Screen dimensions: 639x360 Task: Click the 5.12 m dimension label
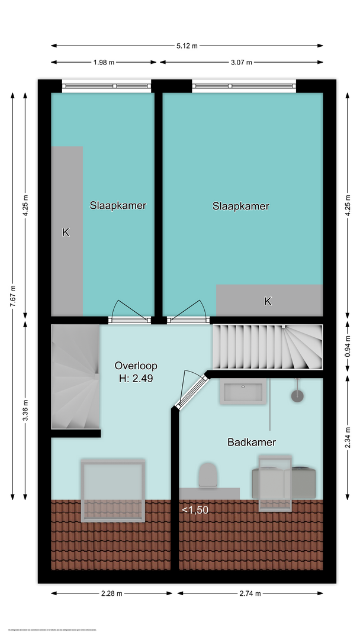[x=187, y=46]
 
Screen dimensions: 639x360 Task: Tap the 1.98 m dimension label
[x=103, y=62]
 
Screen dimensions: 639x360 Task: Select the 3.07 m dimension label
[x=241, y=62]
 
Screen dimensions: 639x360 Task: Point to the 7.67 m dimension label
[x=13, y=296]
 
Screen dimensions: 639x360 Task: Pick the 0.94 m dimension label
[x=348, y=346]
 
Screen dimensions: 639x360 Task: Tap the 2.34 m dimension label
[x=348, y=437]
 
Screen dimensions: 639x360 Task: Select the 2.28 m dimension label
[x=111, y=593]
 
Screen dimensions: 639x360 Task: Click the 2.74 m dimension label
[x=250, y=593]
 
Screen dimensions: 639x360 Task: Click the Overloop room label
[x=136, y=366]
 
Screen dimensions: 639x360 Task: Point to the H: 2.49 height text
[x=136, y=379]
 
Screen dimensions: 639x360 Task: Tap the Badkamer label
[x=252, y=442]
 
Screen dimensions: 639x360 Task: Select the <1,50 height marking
[x=195, y=509]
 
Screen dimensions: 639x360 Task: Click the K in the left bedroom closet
[x=66, y=233]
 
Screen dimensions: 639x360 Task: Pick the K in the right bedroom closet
[x=268, y=301]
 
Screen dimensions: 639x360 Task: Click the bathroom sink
[x=242, y=392]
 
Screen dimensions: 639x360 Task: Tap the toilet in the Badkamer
[x=207, y=475]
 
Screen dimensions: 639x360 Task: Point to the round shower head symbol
[x=297, y=395]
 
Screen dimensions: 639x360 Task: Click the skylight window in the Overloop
[x=112, y=490]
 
